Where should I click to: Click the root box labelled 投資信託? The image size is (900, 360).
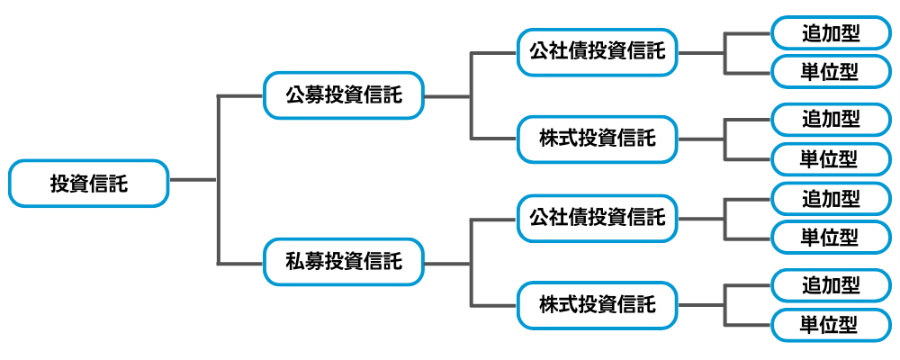(88, 184)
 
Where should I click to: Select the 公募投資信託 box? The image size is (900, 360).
(343, 94)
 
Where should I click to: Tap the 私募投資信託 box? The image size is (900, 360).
(343, 263)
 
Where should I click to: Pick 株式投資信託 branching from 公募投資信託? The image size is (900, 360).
(597, 139)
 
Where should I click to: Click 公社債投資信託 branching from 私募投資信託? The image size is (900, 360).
(597, 219)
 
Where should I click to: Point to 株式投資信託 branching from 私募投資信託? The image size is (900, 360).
(597, 304)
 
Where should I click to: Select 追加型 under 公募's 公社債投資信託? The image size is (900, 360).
(830, 34)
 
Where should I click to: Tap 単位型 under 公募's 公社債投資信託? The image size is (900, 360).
(830, 71)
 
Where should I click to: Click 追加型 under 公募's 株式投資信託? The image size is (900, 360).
(830, 120)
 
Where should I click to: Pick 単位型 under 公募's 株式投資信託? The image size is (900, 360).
(830, 158)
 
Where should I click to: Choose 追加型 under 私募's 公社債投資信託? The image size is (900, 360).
(830, 199)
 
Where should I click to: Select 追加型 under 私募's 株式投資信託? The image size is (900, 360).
(830, 286)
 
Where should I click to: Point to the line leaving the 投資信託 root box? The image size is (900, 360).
(193, 180)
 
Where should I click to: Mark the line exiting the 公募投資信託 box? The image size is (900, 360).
(446, 95)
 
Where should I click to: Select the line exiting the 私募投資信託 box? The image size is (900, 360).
(446, 264)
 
